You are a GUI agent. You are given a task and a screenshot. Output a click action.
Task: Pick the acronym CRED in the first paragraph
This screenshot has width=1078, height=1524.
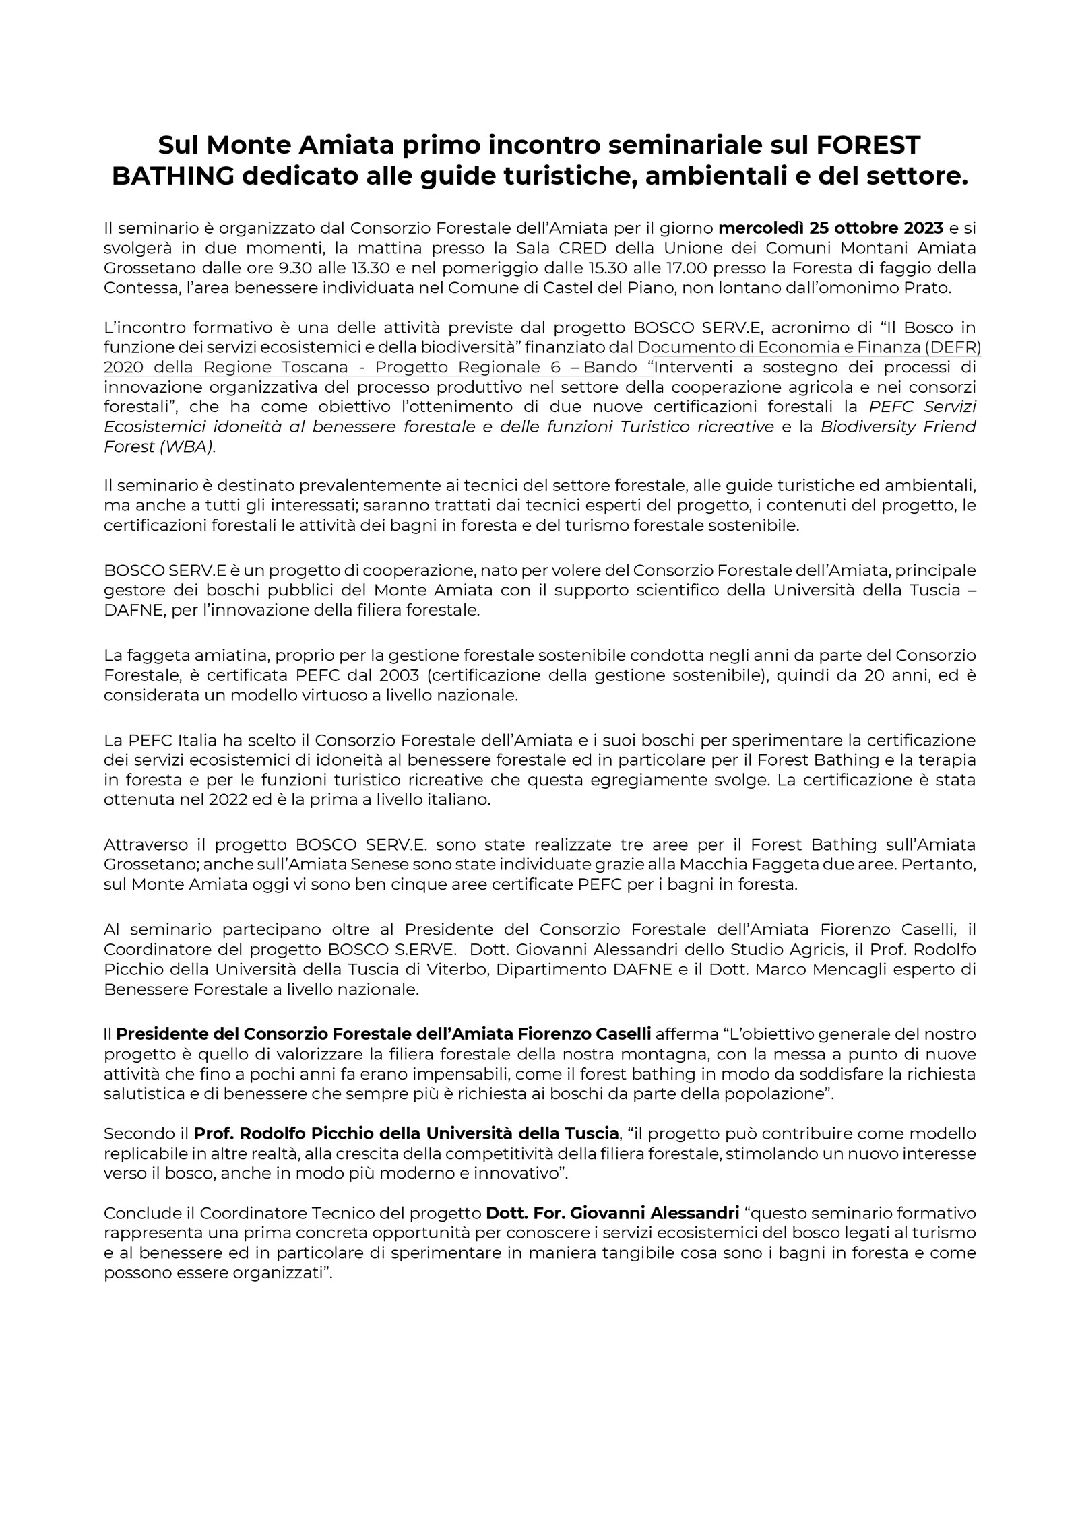click(x=582, y=248)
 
